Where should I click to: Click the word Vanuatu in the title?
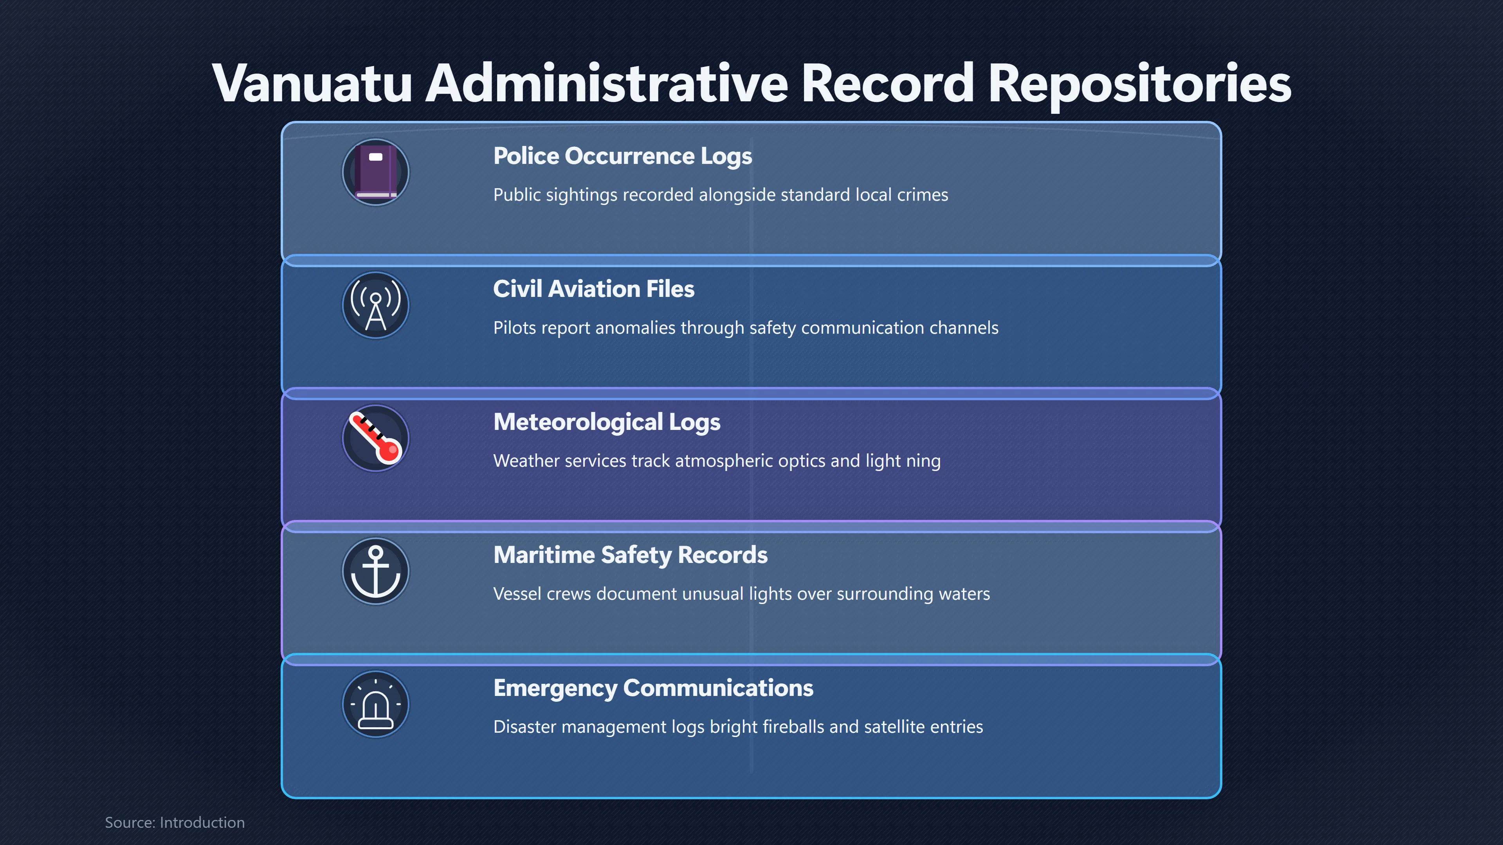(x=313, y=83)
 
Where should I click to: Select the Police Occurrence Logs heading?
(x=623, y=156)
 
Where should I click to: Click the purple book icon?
(x=376, y=173)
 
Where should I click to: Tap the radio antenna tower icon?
(x=376, y=306)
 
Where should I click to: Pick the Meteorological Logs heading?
(x=607, y=422)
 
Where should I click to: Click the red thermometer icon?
(x=376, y=439)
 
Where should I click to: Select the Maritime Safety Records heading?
(x=630, y=555)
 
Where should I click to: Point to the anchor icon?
(x=376, y=572)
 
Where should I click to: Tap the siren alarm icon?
(x=376, y=705)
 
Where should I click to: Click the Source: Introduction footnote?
(x=175, y=822)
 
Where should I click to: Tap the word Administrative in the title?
(x=607, y=83)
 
